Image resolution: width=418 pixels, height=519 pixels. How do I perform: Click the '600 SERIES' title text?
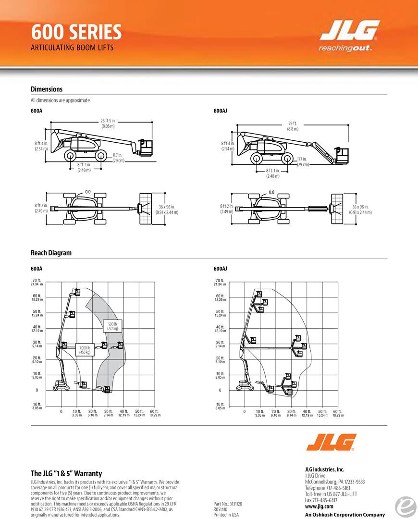(x=76, y=32)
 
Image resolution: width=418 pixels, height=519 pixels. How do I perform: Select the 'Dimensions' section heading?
(x=47, y=89)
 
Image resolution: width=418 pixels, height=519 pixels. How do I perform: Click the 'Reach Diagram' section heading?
(x=51, y=253)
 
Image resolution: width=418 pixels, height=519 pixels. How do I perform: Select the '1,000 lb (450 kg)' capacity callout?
(x=86, y=349)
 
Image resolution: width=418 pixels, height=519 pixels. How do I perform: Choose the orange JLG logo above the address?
(x=331, y=442)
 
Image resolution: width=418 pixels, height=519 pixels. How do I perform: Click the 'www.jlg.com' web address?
(x=319, y=506)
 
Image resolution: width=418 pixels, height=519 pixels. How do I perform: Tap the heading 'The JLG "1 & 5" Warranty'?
(x=66, y=473)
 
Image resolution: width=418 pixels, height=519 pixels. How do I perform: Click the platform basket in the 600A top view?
(x=145, y=209)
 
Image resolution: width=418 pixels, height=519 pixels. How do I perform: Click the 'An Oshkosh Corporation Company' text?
(x=344, y=515)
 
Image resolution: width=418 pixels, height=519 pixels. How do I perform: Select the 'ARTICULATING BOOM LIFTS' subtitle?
(x=72, y=48)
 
